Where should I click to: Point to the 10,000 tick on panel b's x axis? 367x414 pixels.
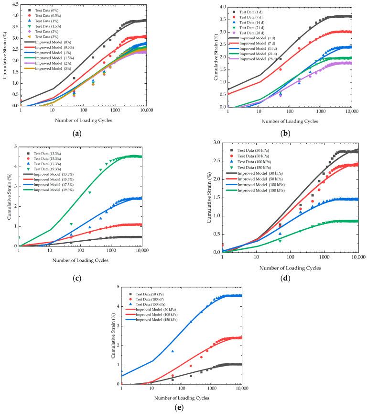coord(351,112)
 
